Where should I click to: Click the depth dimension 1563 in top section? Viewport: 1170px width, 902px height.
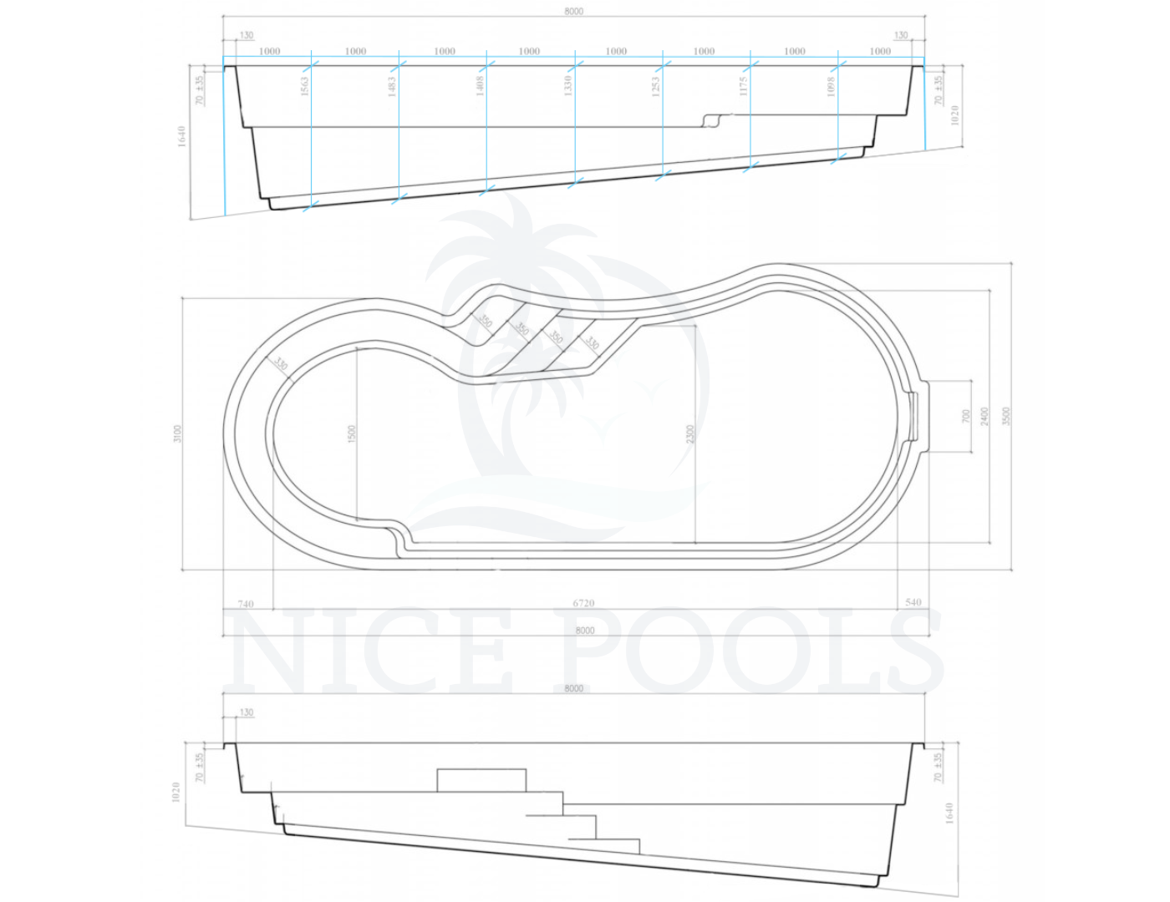pyautogui.click(x=305, y=85)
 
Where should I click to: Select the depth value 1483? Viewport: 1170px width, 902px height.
pyautogui.click(x=392, y=85)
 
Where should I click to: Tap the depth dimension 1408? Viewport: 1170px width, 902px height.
pyautogui.click(x=481, y=85)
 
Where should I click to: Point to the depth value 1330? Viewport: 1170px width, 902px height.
pyautogui.click(x=568, y=85)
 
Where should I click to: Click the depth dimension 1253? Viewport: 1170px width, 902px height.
pyautogui.click(x=656, y=85)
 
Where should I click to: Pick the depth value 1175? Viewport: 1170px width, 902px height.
pyautogui.click(x=743, y=85)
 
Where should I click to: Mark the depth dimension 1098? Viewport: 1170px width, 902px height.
pyautogui.click(x=831, y=85)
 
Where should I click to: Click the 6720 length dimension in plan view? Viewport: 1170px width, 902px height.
pyautogui.click(x=583, y=602)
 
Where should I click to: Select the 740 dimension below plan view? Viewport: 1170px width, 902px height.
pyautogui.click(x=246, y=603)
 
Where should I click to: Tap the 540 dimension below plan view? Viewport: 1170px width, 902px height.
pyautogui.click(x=913, y=601)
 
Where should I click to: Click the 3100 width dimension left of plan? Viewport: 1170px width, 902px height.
pyautogui.click(x=177, y=433)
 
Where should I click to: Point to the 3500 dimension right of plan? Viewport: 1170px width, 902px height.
pyautogui.click(x=1006, y=416)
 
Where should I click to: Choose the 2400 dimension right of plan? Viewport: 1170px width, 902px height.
pyautogui.click(x=984, y=416)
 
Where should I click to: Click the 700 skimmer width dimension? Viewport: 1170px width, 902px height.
pyautogui.click(x=966, y=416)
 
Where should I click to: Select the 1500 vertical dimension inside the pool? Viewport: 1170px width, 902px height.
pyautogui.click(x=351, y=433)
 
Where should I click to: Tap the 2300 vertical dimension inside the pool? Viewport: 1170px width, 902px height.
pyautogui.click(x=690, y=433)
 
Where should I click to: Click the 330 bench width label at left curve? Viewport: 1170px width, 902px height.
pyautogui.click(x=282, y=364)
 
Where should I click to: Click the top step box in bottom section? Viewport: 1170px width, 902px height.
pyautogui.click(x=481, y=780)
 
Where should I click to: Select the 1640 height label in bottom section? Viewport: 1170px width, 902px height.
pyautogui.click(x=949, y=813)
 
